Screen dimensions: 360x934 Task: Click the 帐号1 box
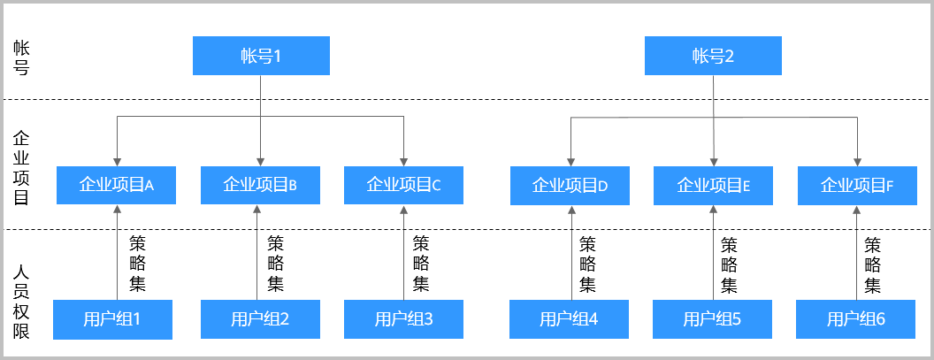(261, 56)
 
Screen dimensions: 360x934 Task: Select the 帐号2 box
(713, 56)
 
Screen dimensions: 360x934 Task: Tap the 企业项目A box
(116, 185)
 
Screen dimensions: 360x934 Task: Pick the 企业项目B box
(260, 185)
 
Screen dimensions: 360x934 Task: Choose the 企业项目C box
(403, 185)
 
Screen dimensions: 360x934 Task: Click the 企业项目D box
(570, 185)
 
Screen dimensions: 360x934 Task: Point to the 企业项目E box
(713, 185)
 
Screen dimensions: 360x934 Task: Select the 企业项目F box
(857, 185)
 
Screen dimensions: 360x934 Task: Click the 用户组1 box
(112, 319)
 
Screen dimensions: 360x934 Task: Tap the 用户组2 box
(260, 319)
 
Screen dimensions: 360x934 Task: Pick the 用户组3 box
(403, 319)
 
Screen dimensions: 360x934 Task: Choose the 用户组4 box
(570, 319)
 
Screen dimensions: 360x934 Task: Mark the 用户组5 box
(713, 319)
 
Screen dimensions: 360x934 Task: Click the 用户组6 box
(856, 319)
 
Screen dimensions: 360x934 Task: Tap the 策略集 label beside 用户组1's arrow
(137, 264)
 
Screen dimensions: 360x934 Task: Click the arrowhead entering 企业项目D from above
(570, 161)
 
